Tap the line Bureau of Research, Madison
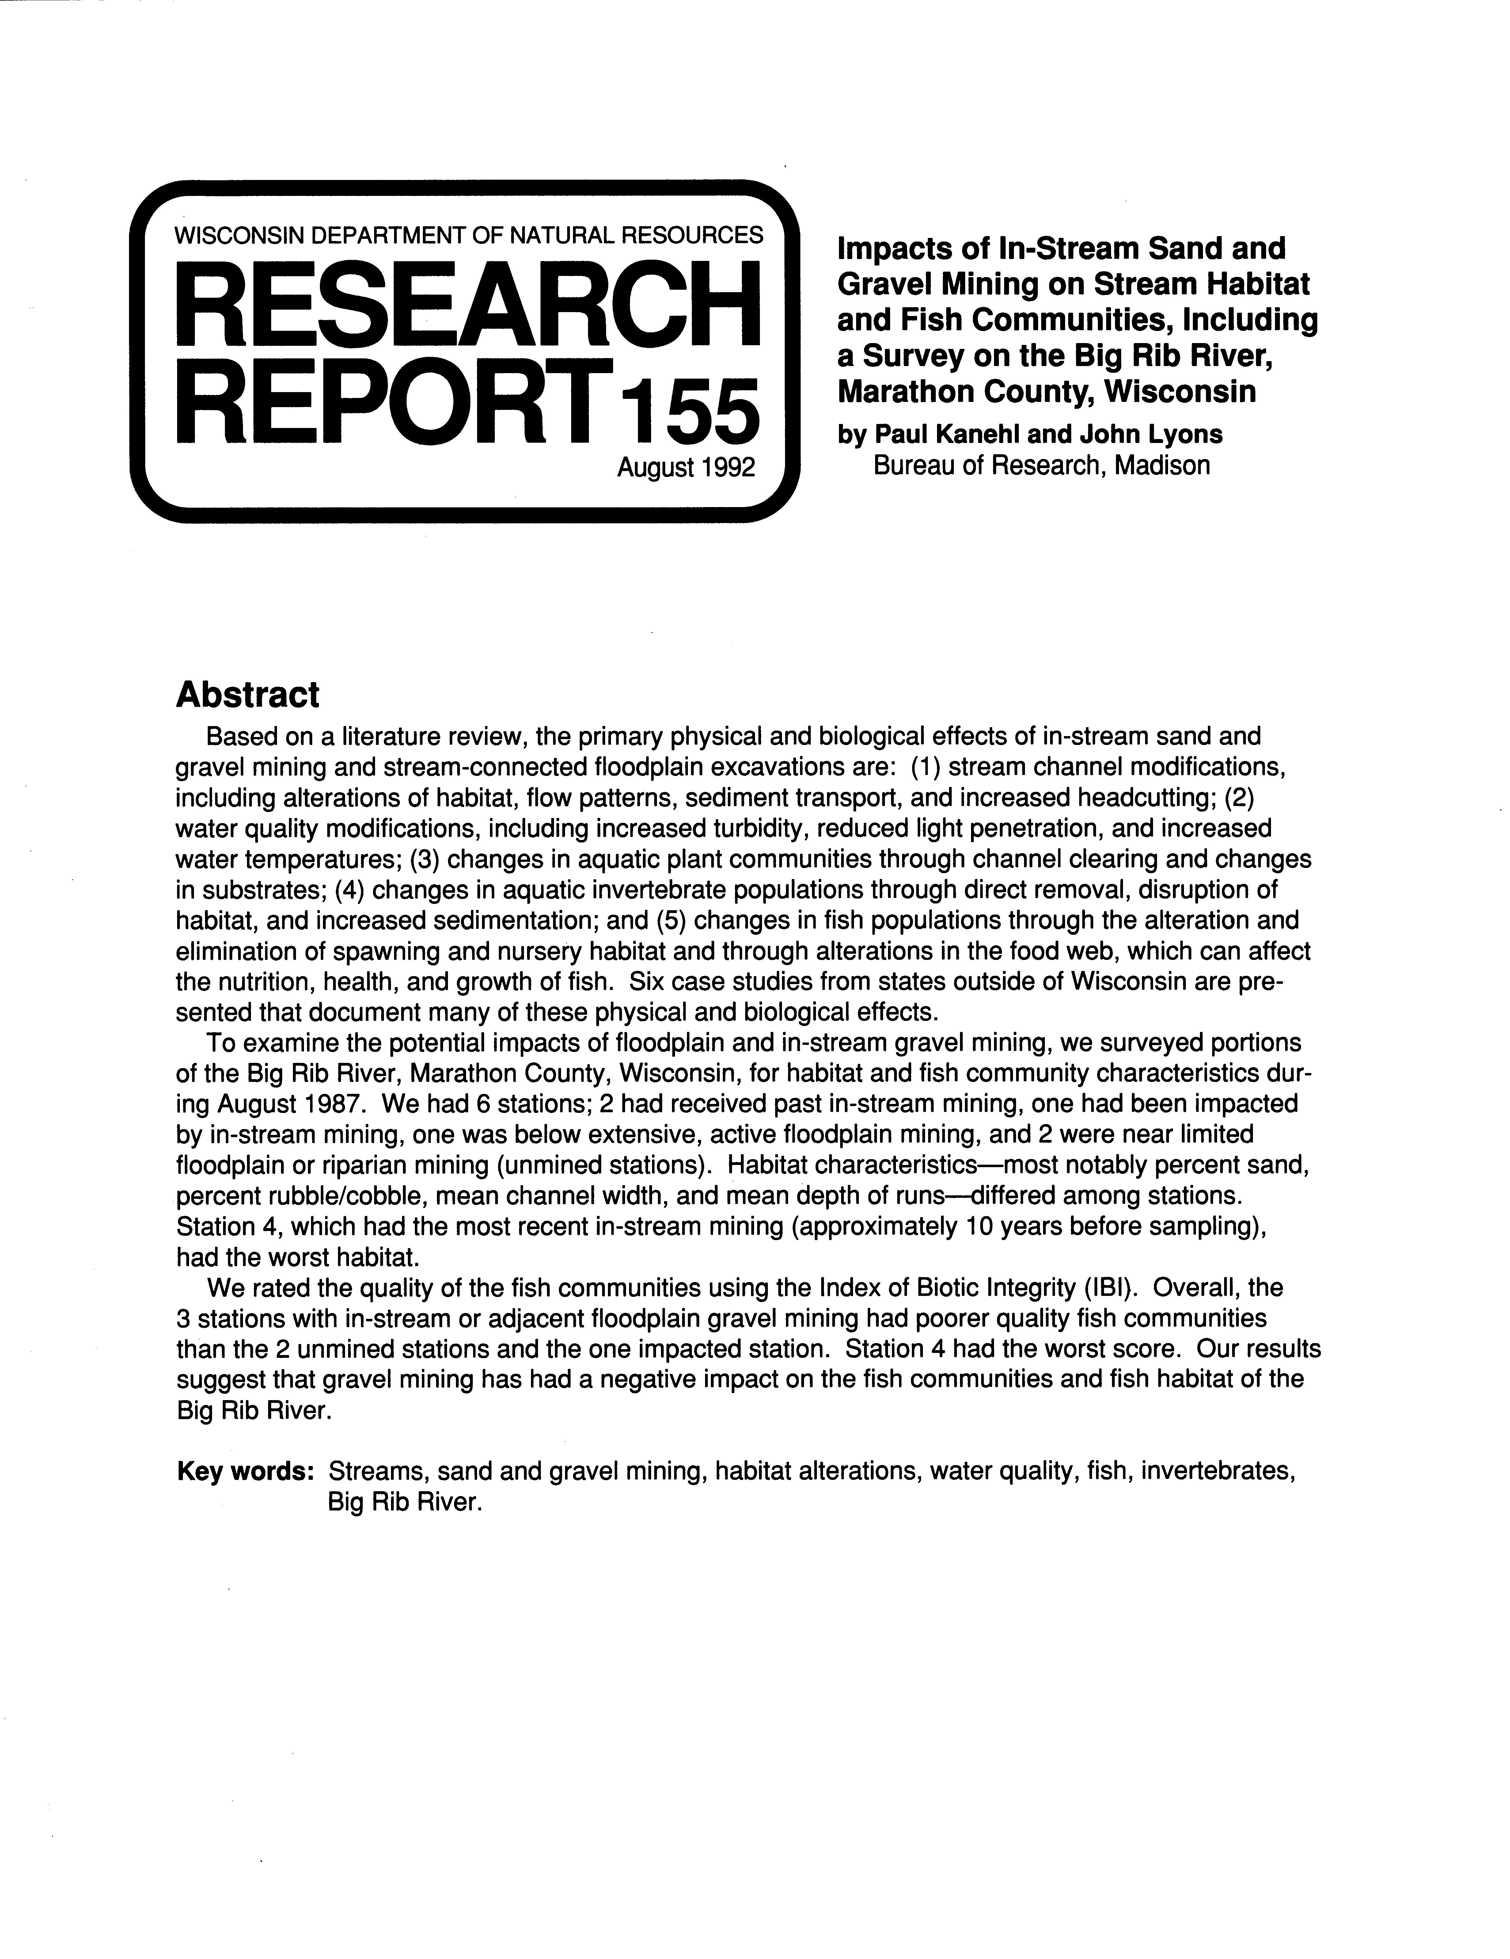(x=1041, y=466)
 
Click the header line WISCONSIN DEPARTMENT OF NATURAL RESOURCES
(x=469, y=235)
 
